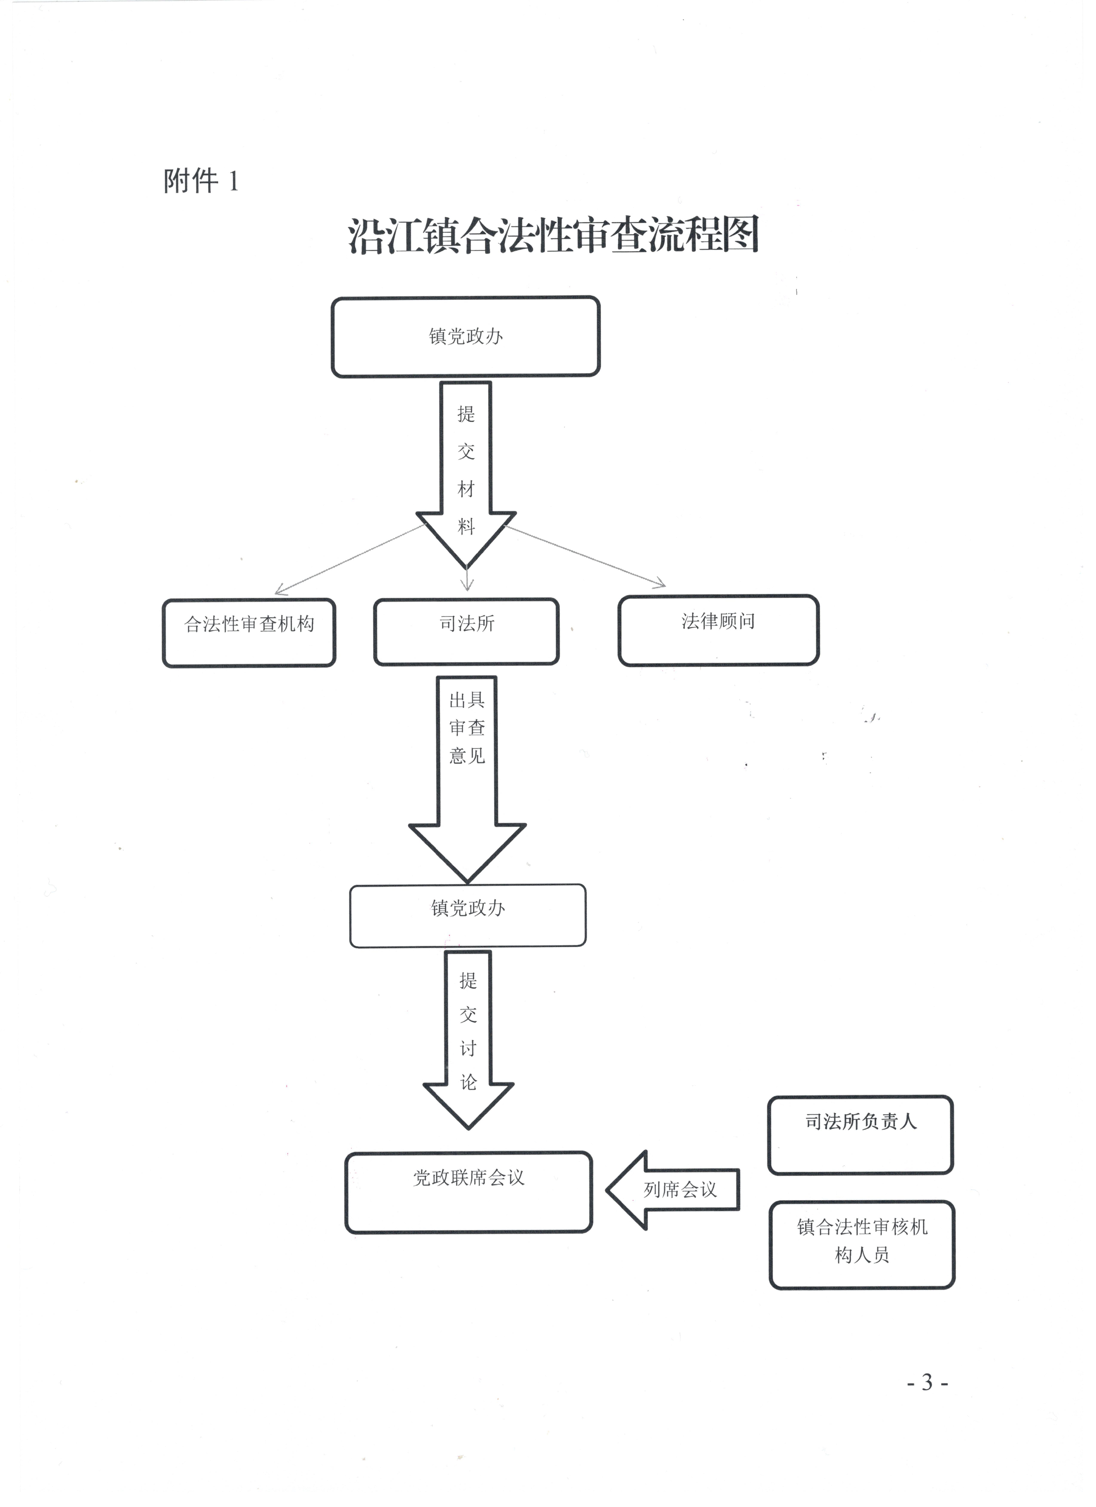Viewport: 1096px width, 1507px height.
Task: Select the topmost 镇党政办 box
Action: pos(466,337)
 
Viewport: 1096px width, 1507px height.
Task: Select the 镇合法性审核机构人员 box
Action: pos(862,1244)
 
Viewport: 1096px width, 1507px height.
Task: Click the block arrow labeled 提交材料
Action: pos(466,475)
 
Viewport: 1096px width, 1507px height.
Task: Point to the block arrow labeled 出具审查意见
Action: pos(467,779)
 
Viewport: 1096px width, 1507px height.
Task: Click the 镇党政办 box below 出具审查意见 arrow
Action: pos(468,915)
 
